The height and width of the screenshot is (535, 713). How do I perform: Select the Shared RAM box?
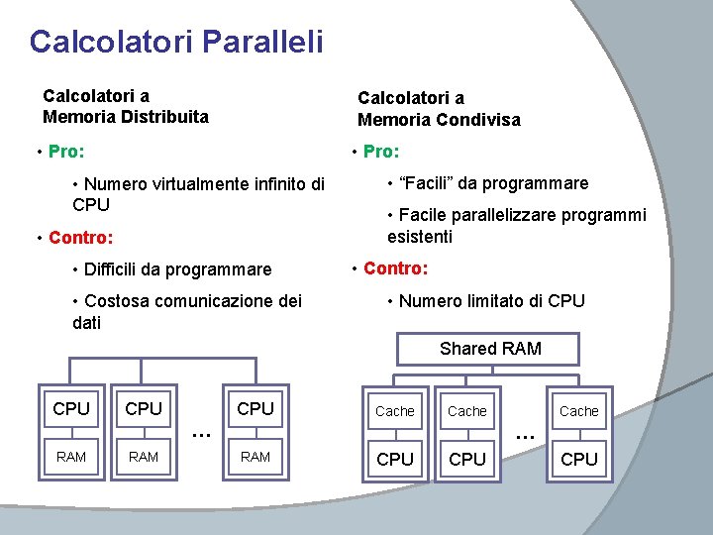point(490,349)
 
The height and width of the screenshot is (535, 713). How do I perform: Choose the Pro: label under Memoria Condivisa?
point(381,152)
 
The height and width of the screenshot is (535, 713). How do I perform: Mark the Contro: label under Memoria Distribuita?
point(81,238)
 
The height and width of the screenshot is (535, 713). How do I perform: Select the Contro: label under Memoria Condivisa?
point(396,268)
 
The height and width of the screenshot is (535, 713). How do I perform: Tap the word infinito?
point(282,184)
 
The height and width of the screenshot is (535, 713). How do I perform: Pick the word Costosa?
point(117,301)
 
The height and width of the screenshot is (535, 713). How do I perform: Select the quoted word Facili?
point(426,183)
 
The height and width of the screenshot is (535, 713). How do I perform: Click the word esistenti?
point(420,237)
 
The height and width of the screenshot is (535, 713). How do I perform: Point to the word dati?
point(88,323)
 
